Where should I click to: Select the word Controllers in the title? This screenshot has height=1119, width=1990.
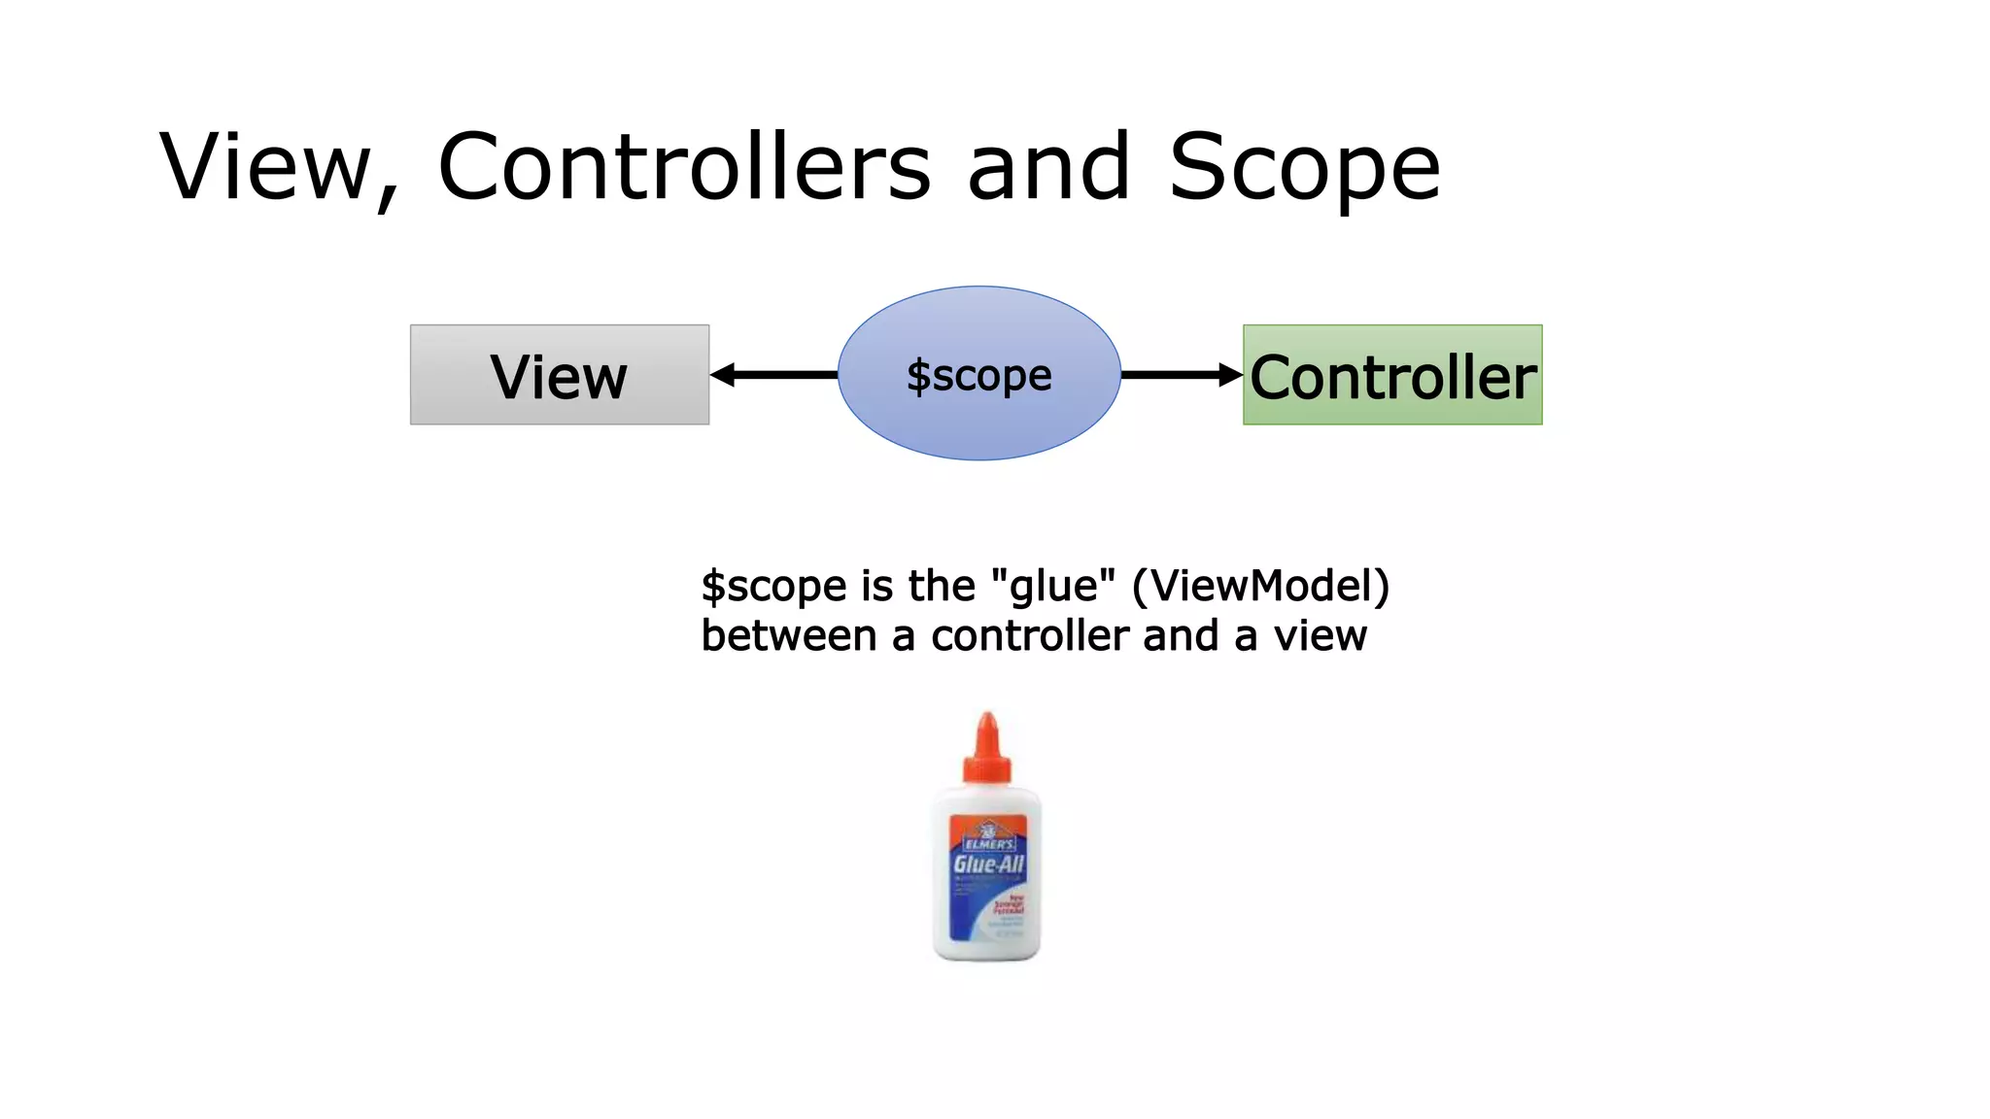[x=684, y=167]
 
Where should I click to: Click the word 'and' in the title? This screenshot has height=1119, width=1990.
[x=1049, y=167]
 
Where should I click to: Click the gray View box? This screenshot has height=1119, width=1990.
[x=560, y=375]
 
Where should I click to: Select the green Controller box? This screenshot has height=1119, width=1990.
[x=1392, y=375]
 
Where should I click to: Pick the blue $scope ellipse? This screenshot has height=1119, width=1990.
[x=979, y=373]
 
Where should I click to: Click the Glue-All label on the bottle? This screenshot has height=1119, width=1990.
[x=988, y=865]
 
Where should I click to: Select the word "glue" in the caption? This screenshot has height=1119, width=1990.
[x=1053, y=586]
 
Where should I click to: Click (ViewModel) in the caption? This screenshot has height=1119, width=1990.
[x=1261, y=586]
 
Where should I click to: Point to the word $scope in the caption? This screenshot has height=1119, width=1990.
[x=773, y=587]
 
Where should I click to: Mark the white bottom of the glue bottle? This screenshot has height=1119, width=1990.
[x=987, y=947]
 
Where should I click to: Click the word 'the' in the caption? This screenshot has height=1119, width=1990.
[x=941, y=586]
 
